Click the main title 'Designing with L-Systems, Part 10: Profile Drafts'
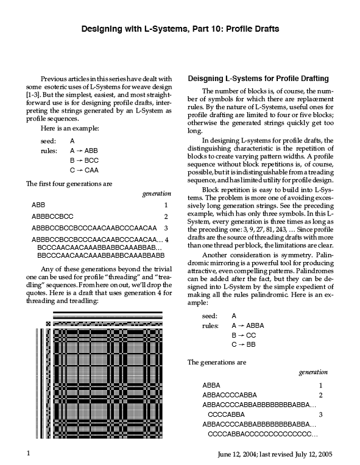click(180, 29)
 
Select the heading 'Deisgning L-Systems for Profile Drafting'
click(258, 79)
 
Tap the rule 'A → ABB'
click(84, 151)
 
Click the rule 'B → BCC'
click(84, 160)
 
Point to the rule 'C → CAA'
click(84, 170)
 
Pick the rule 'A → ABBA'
click(248, 325)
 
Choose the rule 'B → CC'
click(244, 335)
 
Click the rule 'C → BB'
click(244, 344)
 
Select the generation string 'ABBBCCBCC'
click(52, 216)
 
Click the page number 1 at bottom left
click(29, 453)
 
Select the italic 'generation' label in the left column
click(157, 194)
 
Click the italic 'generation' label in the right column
click(313, 372)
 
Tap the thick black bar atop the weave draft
click(108, 312)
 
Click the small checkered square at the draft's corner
click(48, 324)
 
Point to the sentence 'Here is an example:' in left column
click(70, 129)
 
